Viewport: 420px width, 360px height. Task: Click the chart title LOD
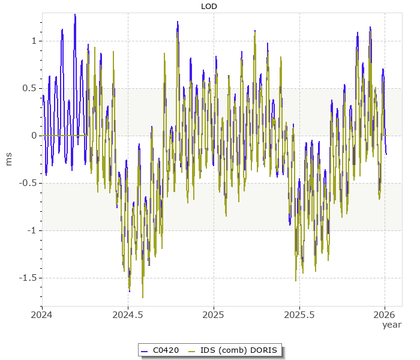[209, 7]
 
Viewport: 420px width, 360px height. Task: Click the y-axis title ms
[8, 159]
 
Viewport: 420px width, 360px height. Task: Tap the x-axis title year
[392, 325]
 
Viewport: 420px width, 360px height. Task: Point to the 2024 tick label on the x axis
[42, 314]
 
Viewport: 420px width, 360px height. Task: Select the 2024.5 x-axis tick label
[127, 314]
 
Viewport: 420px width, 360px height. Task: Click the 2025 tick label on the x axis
[213, 314]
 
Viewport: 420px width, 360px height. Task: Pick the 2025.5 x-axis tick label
[299, 314]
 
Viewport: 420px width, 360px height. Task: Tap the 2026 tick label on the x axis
[385, 314]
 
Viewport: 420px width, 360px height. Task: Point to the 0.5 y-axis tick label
[29, 88]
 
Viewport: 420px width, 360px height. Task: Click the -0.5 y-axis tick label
[28, 183]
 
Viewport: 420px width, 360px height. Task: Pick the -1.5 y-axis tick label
[28, 278]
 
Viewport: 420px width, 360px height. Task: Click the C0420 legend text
[166, 350]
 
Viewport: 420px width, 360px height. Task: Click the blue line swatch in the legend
[144, 350]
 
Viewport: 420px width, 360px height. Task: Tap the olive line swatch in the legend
[192, 350]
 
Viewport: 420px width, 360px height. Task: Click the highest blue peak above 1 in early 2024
[75, 15]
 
